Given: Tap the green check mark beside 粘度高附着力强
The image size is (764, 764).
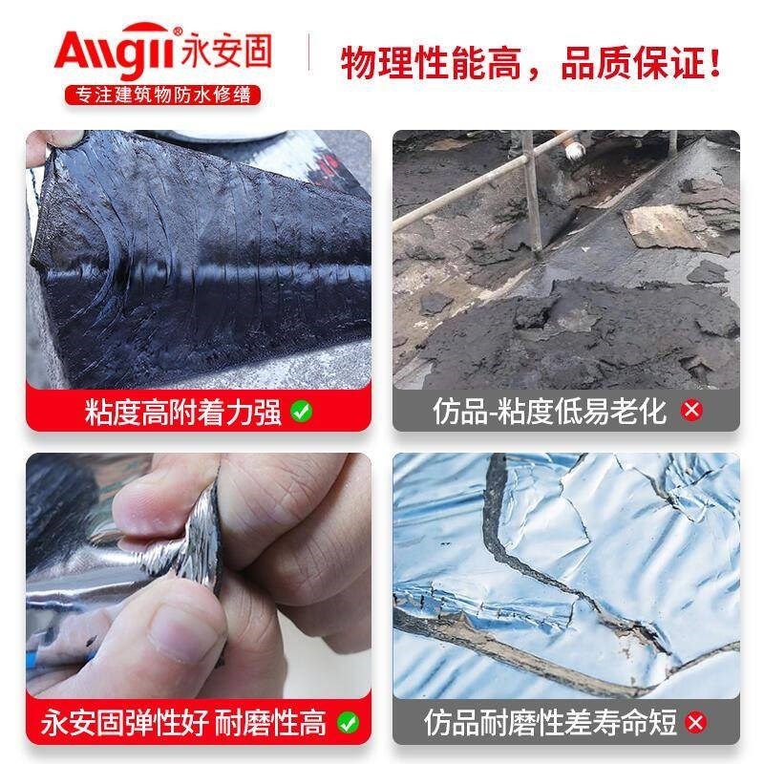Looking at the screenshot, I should tap(302, 412).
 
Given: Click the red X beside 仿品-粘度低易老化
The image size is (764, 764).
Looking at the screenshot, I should tap(690, 412).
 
